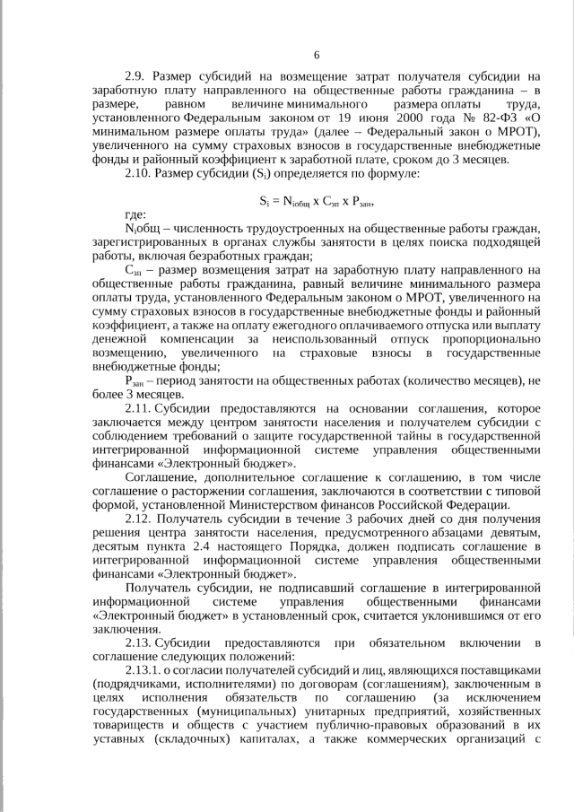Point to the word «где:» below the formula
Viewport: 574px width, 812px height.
pyautogui.click(x=135, y=242)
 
